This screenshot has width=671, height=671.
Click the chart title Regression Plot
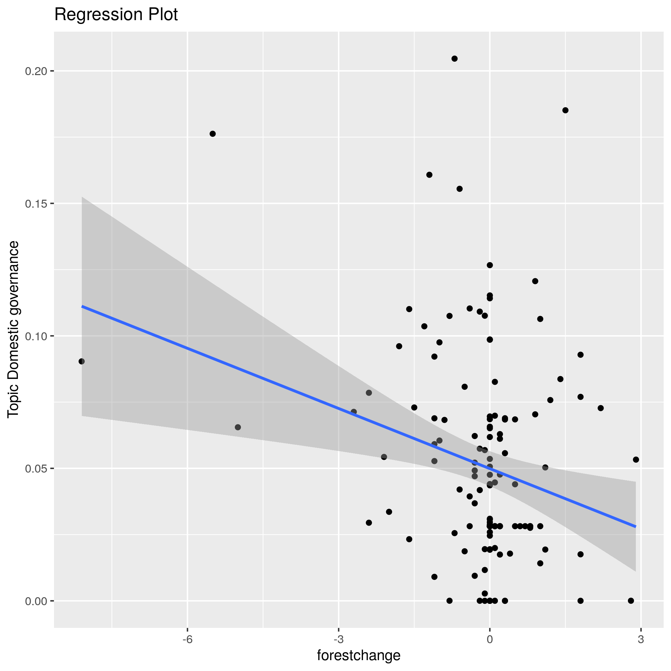[x=116, y=15]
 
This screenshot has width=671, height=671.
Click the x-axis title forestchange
[x=359, y=655]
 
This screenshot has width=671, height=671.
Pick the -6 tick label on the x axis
[x=188, y=640]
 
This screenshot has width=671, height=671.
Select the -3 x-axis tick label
[x=339, y=640]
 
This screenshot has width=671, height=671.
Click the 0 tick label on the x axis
[x=490, y=640]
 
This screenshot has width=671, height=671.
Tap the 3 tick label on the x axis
[x=641, y=640]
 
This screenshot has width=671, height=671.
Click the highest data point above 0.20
[x=454, y=59]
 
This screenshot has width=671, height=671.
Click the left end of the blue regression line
[x=82, y=306]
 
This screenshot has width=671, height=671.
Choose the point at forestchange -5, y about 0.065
[x=237, y=427]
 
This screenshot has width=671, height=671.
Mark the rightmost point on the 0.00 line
[x=631, y=601]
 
